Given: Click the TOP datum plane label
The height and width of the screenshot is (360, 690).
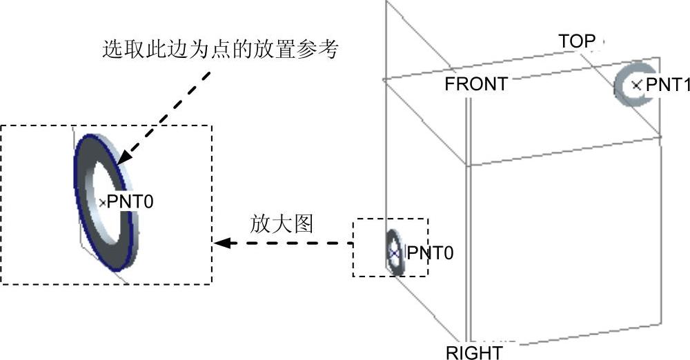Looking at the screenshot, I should pos(577,42).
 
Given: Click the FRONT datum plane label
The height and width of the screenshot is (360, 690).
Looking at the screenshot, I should pos(476,85).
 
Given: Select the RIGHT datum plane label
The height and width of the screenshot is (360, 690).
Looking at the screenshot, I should pos(474,353).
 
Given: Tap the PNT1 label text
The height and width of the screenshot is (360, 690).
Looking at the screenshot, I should pos(667,85).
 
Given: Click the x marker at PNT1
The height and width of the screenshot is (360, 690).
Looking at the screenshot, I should pos(637,85).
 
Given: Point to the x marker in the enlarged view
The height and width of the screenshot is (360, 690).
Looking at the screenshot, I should pos(103,202).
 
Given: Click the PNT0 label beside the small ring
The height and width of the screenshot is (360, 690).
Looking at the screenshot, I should pos(430,253).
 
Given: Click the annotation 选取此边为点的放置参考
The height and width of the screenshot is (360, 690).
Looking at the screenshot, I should pos(219,49).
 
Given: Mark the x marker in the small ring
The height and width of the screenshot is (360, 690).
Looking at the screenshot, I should pos(394,253).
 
